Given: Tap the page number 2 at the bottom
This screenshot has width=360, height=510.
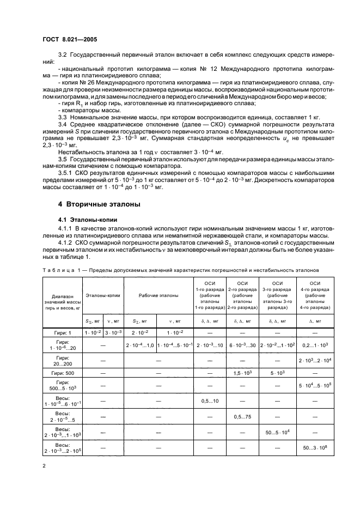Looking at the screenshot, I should tap(44, 466).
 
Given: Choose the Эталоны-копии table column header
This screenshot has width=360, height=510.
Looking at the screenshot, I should tap(103, 295).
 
